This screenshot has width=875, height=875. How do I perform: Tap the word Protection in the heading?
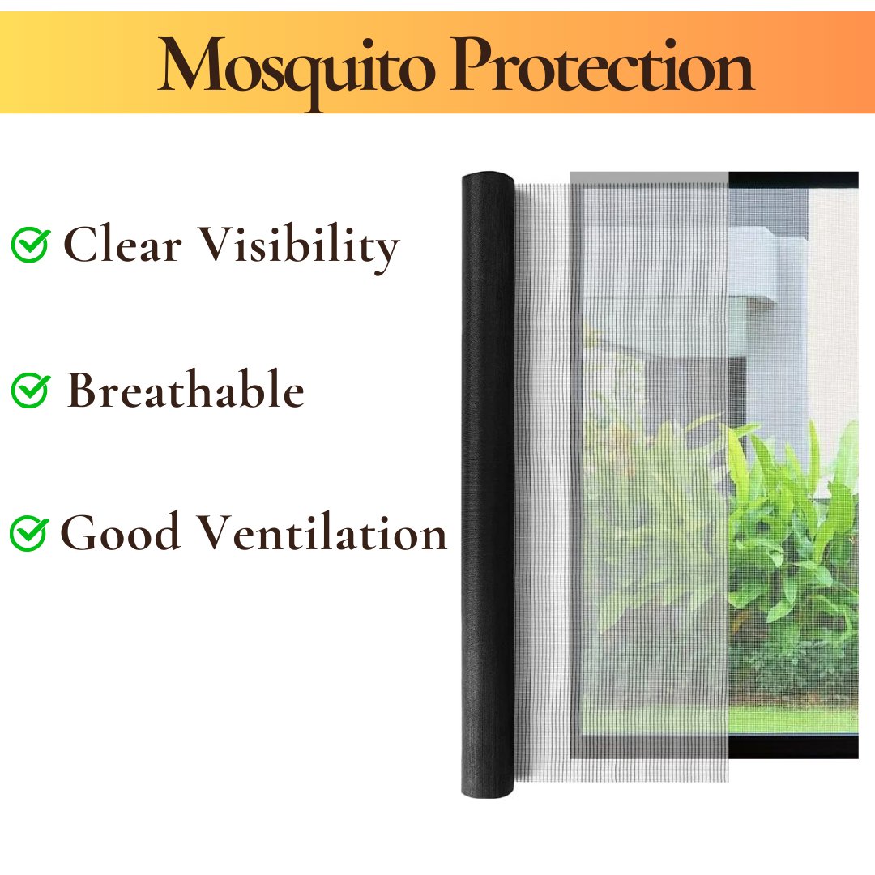click(x=603, y=65)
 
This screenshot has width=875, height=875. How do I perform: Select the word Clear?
click(x=122, y=244)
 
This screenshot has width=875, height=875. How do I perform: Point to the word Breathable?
click(x=186, y=389)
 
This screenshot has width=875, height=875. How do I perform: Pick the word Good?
click(x=120, y=531)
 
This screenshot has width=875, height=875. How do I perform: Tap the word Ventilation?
click(x=323, y=531)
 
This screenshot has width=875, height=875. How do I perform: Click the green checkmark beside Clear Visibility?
click(x=31, y=245)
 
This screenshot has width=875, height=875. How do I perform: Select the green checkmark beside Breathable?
click(x=31, y=390)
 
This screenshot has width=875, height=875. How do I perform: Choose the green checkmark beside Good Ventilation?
click(x=29, y=534)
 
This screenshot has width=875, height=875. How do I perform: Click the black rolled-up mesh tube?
click(x=487, y=484)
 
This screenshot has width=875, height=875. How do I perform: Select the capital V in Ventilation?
click(x=219, y=531)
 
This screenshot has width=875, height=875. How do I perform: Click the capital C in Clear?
click(x=79, y=244)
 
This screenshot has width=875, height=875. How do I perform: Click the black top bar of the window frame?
click(x=793, y=179)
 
